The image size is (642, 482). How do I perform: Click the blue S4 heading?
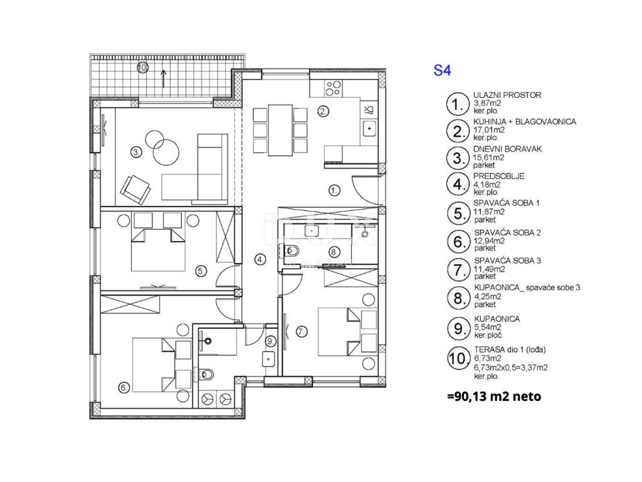442,70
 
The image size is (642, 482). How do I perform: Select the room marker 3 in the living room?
136,153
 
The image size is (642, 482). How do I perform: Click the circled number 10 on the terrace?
142,67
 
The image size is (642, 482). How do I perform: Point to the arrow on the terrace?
164,78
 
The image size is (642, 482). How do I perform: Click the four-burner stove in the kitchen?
334,88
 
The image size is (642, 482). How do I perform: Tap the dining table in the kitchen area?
280,130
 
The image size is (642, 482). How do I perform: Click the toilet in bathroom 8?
291,250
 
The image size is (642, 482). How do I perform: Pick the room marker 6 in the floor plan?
124,387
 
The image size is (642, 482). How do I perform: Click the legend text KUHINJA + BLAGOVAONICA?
525,122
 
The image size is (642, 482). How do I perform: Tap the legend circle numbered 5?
458,213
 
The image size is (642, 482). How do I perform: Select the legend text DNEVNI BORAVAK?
507,149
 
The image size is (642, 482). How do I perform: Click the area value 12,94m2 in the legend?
489,240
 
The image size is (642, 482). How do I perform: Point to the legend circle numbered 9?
458,329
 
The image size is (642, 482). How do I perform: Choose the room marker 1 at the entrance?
335,190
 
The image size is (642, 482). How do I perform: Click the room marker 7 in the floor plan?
302,331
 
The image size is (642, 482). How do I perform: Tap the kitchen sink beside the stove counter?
369,128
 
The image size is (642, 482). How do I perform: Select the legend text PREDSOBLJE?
498,176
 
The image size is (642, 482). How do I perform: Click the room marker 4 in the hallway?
260,259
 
